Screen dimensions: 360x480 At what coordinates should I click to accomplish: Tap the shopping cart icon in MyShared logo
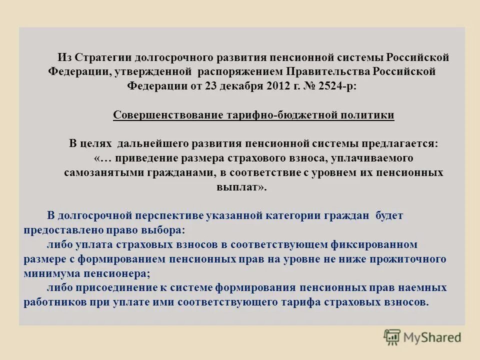392,336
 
